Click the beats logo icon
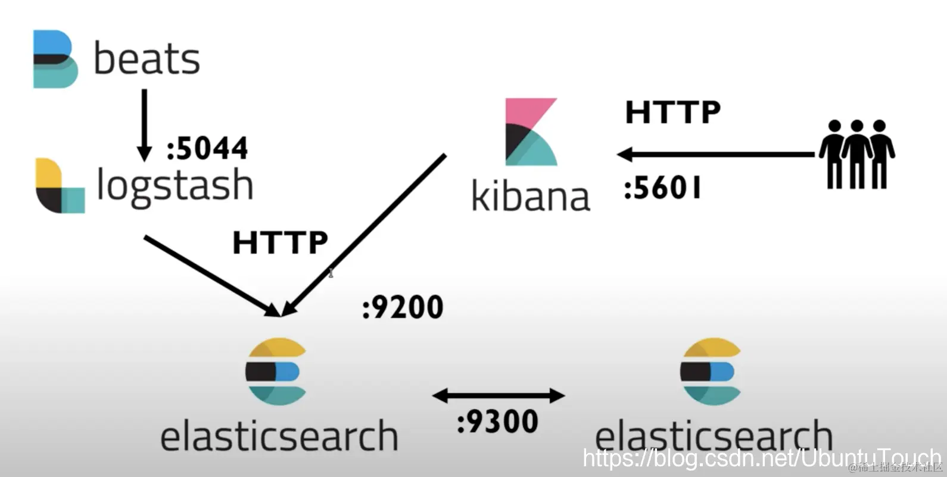(x=55, y=59)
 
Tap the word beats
(x=147, y=59)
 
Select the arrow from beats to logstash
(x=144, y=125)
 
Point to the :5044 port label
(x=207, y=148)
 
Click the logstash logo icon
(x=60, y=186)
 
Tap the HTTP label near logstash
(x=280, y=243)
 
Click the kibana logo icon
(x=531, y=132)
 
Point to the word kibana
(x=530, y=197)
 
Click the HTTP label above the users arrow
(x=672, y=112)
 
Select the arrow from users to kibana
(x=715, y=155)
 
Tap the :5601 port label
(x=662, y=189)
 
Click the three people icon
(x=856, y=154)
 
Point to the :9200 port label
(x=403, y=307)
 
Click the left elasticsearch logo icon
(x=276, y=372)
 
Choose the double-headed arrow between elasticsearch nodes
(x=498, y=395)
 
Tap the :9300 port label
(x=497, y=422)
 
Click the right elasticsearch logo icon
(x=711, y=372)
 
